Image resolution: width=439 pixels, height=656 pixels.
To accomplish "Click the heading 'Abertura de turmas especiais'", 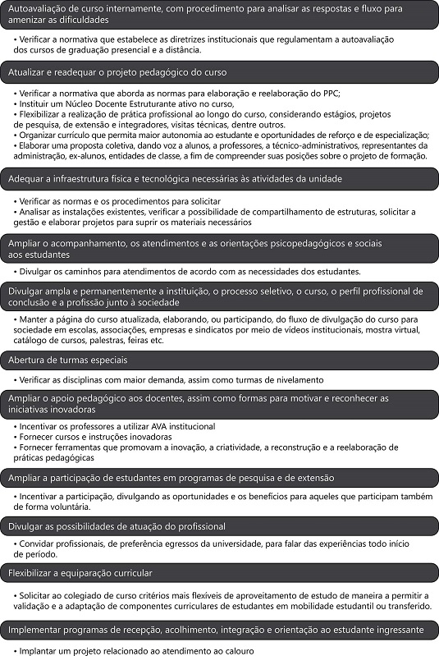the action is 68,360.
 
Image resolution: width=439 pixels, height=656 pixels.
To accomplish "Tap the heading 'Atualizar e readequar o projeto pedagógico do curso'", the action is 118,73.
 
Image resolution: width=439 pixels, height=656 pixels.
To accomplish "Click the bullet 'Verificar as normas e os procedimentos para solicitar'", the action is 118,201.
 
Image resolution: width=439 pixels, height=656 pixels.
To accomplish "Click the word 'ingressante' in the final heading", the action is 396,630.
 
